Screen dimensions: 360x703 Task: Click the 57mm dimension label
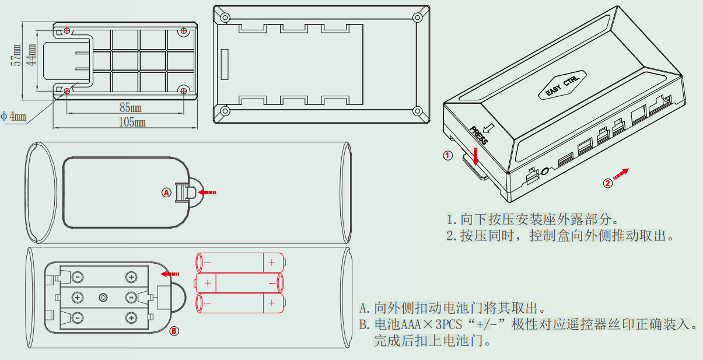tap(18, 57)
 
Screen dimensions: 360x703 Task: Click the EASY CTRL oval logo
tap(562, 85)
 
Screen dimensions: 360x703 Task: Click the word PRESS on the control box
tap(478, 135)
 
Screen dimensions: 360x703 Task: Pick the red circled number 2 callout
tap(607, 183)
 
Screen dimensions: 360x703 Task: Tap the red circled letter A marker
tap(166, 191)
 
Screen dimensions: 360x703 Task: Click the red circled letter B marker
tap(174, 331)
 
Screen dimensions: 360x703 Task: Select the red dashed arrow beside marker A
tap(208, 191)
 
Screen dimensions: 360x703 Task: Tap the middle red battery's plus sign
tap(208, 284)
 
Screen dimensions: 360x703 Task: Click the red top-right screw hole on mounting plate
tap(184, 30)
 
